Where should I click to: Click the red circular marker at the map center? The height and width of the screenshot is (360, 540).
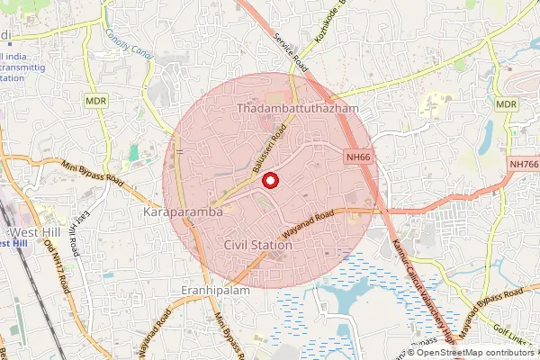point(269,181)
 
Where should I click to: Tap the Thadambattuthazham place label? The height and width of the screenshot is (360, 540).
point(297,108)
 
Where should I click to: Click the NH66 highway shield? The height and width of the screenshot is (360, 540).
point(358,157)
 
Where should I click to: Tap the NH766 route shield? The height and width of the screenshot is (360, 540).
point(523,164)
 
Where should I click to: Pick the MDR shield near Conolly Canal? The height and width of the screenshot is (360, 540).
point(97,102)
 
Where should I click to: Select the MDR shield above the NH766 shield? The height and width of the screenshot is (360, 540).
point(506,104)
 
